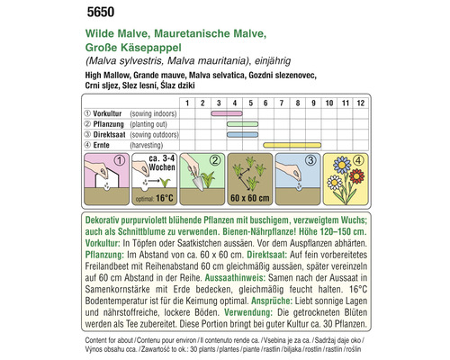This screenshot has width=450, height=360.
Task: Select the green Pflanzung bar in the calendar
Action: point(243,123)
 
